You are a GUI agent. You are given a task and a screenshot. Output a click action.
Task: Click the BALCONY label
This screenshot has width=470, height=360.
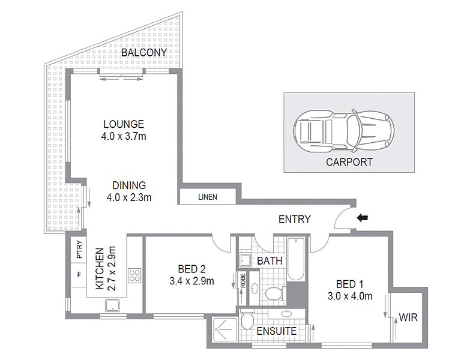pyautogui.click(x=143, y=53)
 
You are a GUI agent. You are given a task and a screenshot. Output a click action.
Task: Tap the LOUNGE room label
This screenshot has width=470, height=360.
pyautogui.click(x=123, y=125)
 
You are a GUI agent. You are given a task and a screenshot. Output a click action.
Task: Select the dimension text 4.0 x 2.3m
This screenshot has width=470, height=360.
pyautogui.click(x=128, y=197)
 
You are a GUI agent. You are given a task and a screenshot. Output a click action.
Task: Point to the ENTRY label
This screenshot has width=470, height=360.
pyautogui.click(x=294, y=220)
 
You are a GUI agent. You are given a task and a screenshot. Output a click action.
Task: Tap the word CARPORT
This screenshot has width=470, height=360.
pyautogui.click(x=349, y=162)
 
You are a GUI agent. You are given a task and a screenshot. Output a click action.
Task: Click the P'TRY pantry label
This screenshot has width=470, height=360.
pyautogui.click(x=79, y=250)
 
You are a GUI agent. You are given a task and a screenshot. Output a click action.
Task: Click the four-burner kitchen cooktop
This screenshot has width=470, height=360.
pyautogui.click(x=134, y=276)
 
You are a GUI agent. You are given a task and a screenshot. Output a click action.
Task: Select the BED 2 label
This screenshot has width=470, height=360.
pyautogui.click(x=192, y=268)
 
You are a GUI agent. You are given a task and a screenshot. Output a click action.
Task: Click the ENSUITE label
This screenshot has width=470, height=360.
pyautogui.click(x=277, y=331)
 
